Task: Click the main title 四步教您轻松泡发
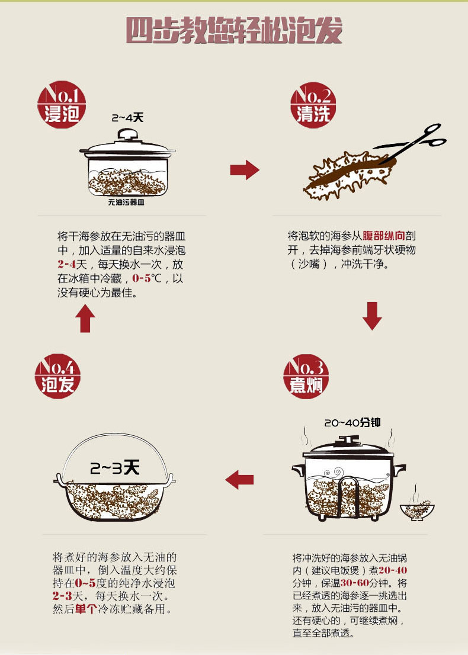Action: pos(234,30)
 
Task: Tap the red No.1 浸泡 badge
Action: pos(62,104)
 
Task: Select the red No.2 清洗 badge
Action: pos(313,105)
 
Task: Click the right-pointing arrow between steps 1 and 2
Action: pos(245,169)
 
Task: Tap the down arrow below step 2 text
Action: pos(372,316)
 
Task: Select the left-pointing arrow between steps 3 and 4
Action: pos(239,479)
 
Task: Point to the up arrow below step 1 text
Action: pos(85,318)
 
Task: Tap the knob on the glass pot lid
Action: pos(127,134)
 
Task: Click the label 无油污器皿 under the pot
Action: pos(126,202)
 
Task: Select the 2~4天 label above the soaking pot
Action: pos(127,118)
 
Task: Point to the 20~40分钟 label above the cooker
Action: pos(352,423)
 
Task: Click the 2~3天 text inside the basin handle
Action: pos(114,468)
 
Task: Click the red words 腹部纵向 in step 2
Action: pos(384,236)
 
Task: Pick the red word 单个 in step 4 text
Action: pos(86,609)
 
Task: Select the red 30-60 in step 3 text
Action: pos(355,583)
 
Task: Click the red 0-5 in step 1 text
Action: pos(142,278)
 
